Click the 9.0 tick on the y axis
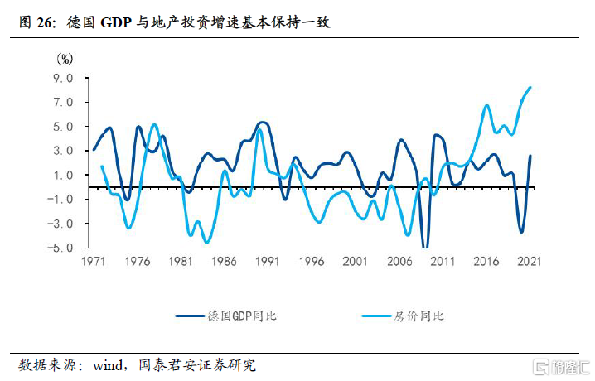(63, 79)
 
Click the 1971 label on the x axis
(94, 262)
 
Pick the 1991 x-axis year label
(268, 262)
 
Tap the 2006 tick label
(399, 262)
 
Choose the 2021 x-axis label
(530, 262)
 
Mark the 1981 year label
(181, 262)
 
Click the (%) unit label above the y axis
(65, 59)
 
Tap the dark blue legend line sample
(191, 316)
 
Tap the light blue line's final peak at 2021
(530, 88)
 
